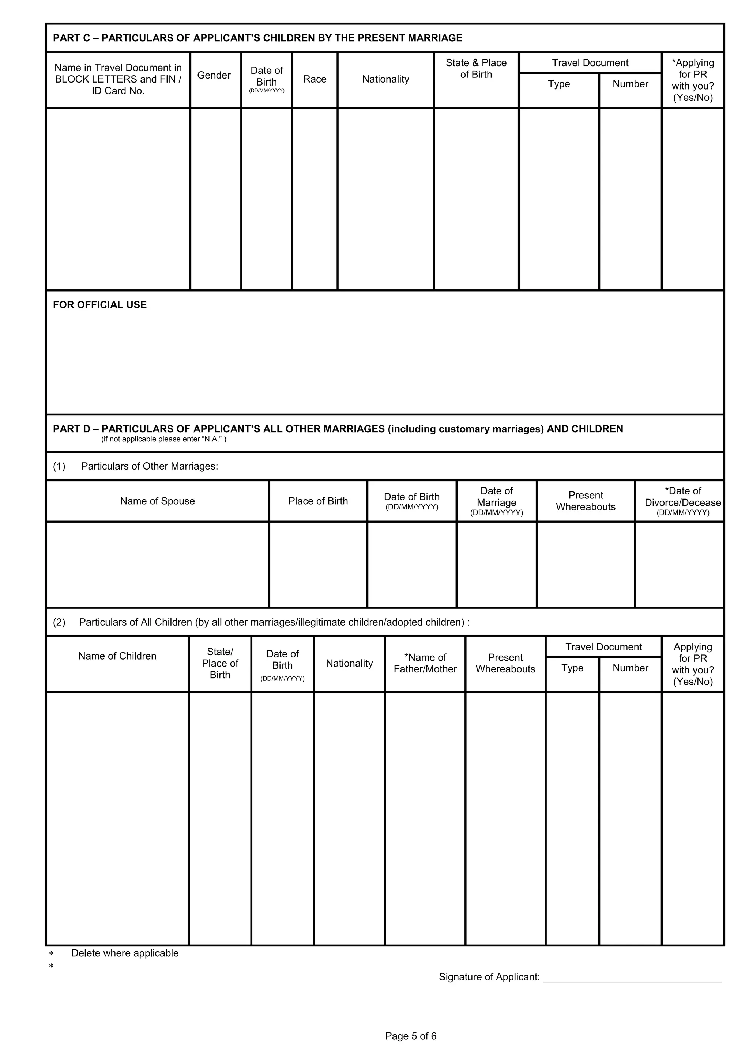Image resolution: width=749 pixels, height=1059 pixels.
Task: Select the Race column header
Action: tap(315, 79)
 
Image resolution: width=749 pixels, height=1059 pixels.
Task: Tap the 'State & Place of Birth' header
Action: tap(476, 69)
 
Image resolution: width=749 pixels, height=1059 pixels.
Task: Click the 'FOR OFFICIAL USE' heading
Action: tap(100, 305)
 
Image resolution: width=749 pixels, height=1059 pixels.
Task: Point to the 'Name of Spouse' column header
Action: tap(157, 501)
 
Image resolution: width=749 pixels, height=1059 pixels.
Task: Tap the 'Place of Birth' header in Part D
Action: tap(318, 501)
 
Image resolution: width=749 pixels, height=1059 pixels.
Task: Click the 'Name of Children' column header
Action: tap(117, 656)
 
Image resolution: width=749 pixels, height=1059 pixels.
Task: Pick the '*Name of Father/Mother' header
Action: tap(425, 663)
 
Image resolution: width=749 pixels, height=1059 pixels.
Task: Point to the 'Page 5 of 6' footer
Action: tap(411, 1036)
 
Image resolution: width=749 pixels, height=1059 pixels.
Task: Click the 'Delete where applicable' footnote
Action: tap(125, 953)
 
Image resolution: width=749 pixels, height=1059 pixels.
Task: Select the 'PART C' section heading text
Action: tap(257, 38)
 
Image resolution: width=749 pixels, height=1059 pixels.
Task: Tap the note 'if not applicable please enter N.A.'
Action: tap(163, 439)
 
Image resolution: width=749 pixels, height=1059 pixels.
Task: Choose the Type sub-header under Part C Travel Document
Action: tap(558, 84)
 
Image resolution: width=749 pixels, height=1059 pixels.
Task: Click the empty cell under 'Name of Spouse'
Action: tap(157, 564)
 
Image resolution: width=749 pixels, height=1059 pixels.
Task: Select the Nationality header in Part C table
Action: tap(385, 79)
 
